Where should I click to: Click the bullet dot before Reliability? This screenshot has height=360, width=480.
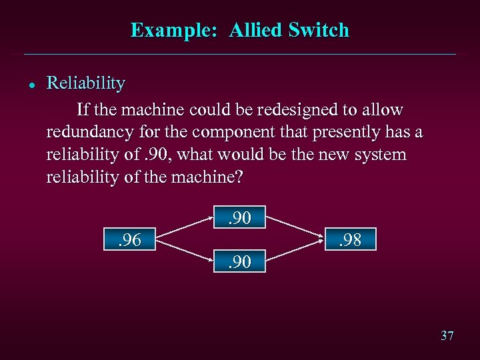point(31,85)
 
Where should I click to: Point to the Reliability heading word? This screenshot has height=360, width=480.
point(86,83)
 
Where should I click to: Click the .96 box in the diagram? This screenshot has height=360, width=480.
point(130,239)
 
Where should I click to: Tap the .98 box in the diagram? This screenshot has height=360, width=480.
point(351,239)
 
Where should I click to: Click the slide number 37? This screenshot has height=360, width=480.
point(447,335)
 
